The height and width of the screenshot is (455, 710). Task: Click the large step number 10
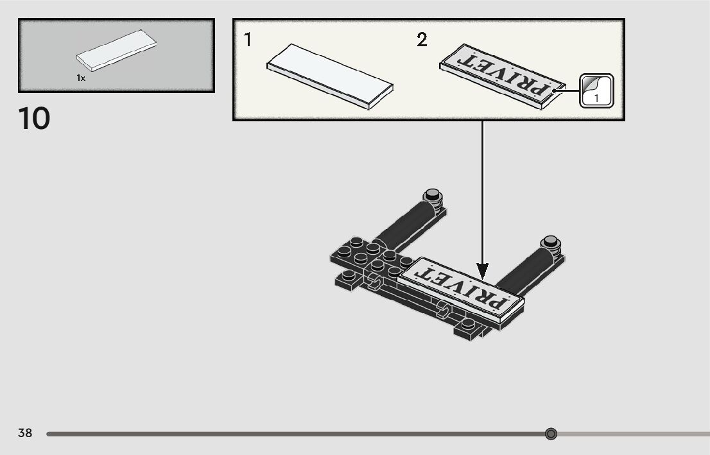(35, 119)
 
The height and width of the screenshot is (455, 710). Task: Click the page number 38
(25, 433)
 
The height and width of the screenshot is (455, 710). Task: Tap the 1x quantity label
(81, 78)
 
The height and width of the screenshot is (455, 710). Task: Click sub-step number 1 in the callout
(248, 40)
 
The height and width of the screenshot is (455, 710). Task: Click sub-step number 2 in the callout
(422, 40)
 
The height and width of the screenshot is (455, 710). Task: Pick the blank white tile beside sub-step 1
(330, 76)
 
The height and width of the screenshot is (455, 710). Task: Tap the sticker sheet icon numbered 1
(596, 90)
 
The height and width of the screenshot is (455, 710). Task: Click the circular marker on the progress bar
(551, 434)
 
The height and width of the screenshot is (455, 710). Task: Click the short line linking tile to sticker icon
(571, 90)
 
